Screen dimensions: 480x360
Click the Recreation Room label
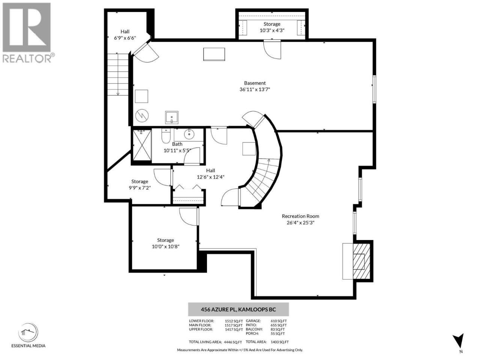pyautogui.click(x=300, y=216)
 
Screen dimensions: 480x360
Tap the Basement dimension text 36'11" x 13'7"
pyautogui.click(x=255, y=89)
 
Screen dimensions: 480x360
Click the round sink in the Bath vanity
pyautogui.click(x=189, y=134)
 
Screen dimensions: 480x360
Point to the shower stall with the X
pyautogui.click(x=142, y=145)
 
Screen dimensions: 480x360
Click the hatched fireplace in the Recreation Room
pyautogui.click(x=361, y=261)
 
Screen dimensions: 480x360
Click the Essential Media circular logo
pyautogui.click(x=28, y=333)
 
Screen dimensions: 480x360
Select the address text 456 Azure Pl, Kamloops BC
pyautogui.click(x=238, y=309)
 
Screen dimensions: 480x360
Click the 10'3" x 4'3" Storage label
pyautogui.click(x=272, y=27)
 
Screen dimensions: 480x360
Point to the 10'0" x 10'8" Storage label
pyautogui.click(x=165, y=243)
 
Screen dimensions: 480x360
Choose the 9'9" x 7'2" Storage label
pyautogui.click(x=140, y=185)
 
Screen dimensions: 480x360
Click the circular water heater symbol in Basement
pyautogui.click(x=142, y=115)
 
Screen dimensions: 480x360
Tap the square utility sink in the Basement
pyautogui.click(x=172, y=117)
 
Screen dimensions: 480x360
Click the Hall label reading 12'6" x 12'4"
pyautogui.click(x=211, y=174)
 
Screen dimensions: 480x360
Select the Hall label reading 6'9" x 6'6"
pyautogui.click(x=125, y=35)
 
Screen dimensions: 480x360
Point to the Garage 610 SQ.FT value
pyautogui.click(x=279, y=321)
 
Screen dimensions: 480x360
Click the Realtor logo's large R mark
pyautogui.click(x=27, y=27)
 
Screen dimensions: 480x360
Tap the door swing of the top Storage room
pyautogui.click(x=272, y=49)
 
